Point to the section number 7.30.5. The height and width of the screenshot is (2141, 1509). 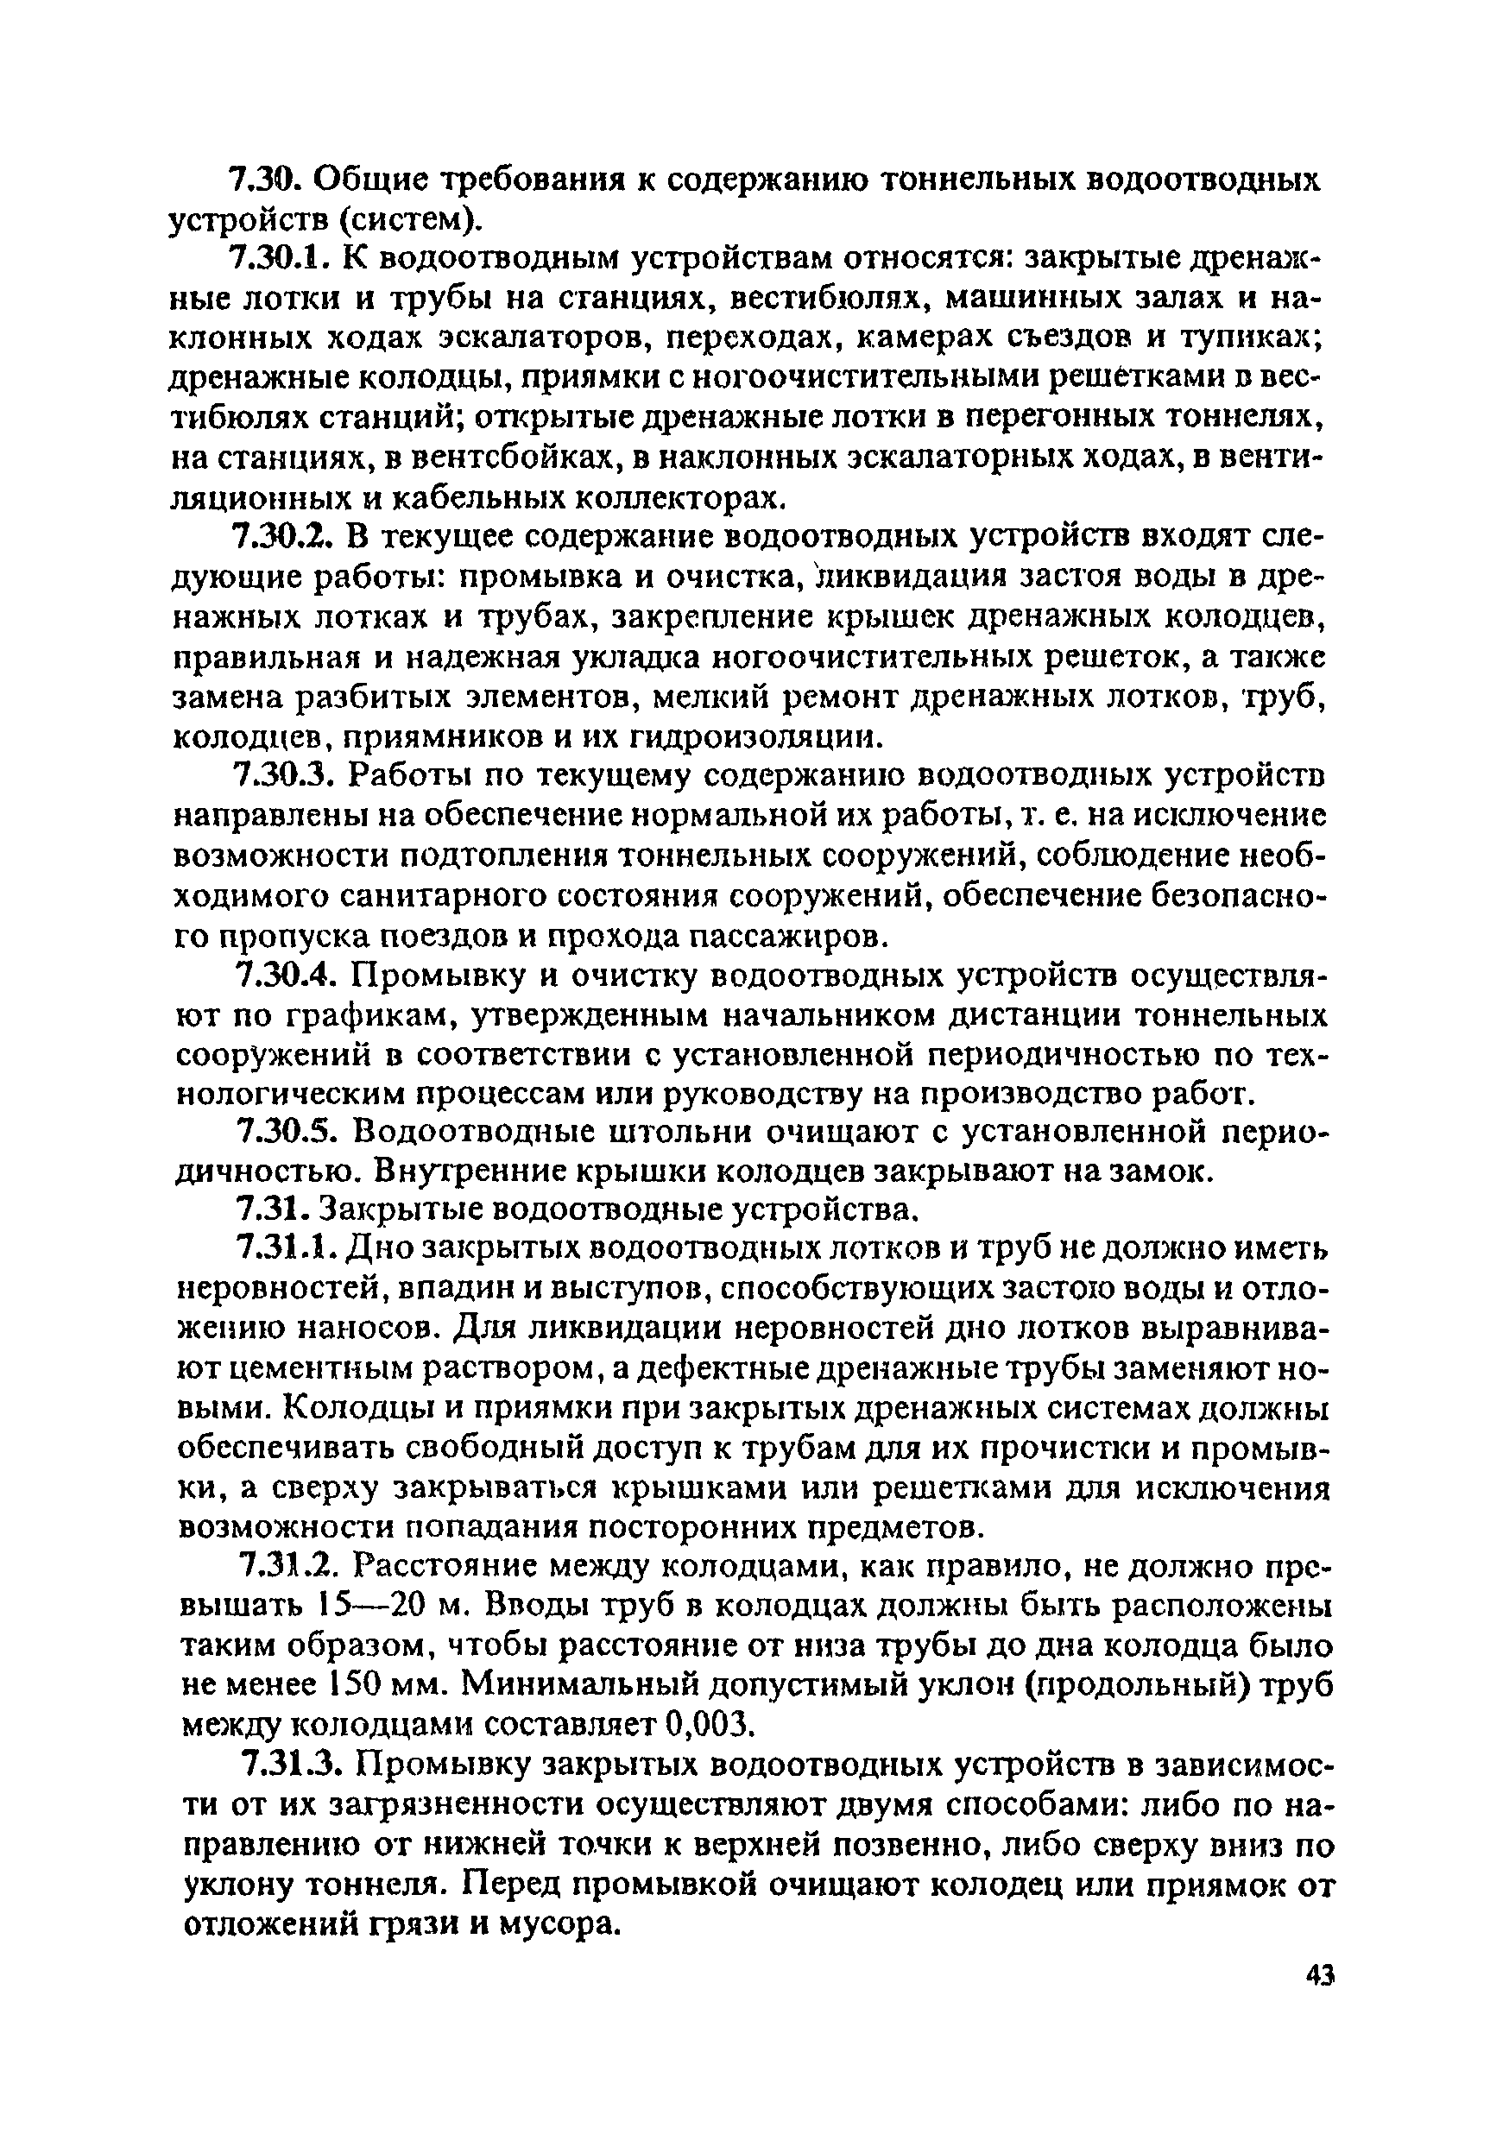(x=288, y=1131)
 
